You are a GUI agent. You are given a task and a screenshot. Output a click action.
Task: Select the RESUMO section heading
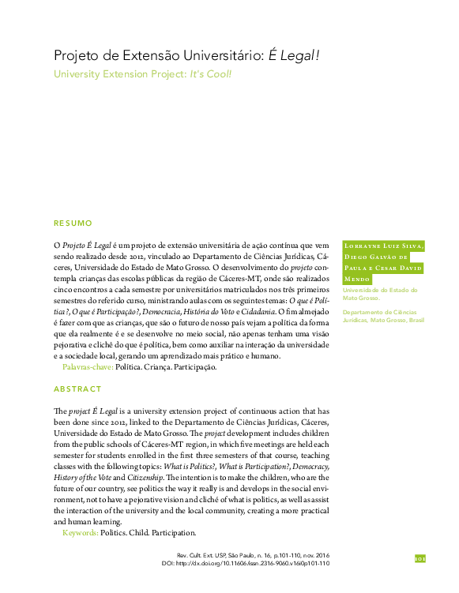pyautogui.click(x=73, y=223)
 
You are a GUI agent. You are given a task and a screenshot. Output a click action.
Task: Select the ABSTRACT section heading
pyautogui.click(x=77, y=389)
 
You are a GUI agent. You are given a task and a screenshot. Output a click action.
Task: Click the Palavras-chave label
pyautogui.click(x=87, y=368)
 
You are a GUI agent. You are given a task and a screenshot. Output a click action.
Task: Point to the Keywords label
pyautogui.click(x=80, y=534)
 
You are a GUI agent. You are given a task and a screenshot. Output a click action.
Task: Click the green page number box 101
pyautogui.click(x=420, y=558)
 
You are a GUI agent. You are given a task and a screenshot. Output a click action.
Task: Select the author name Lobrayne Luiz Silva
pyautogui.click(x=382, y=246)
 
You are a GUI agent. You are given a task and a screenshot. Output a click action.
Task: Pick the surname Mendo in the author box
pyautogui.click(x=357, y=280)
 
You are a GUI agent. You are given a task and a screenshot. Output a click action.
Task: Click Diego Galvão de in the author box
pyautogui.click(x=376, y=257)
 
